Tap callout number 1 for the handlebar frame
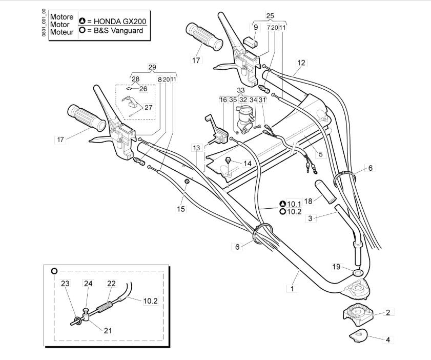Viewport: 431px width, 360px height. point(292,289)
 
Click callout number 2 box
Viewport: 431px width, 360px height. point(388,312)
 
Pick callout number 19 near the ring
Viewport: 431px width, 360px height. point(336,266)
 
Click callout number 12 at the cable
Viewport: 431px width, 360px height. point(301,63)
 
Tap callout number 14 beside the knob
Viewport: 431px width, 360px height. point(248,164)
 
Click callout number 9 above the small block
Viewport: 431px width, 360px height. point(256,27)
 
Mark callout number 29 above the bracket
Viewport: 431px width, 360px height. point(152,68)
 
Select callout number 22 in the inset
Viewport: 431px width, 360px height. point(111,283)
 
